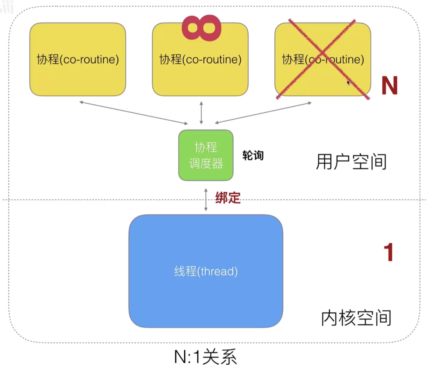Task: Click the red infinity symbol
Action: tap(202, 28)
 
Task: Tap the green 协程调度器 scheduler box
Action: tap(206, 155)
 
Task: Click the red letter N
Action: tap(390, 86)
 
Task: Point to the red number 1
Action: tap(388, 252)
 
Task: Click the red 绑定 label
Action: tap(228, 198)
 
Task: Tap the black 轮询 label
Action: tap(253, 156)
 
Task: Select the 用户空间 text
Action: tap(351, 162)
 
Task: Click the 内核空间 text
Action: tap(356, 318)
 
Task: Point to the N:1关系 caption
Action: tap(205, 357)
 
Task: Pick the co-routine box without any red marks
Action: tap(78, 59)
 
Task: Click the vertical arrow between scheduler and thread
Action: tap(206, 200)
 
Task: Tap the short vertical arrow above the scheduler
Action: tap(201, 113)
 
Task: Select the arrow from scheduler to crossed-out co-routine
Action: tap(263, 113)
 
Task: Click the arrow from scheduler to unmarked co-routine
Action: tap(134, 113)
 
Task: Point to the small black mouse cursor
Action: tap(348, 83)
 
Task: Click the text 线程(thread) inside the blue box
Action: tap(206, 271)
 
